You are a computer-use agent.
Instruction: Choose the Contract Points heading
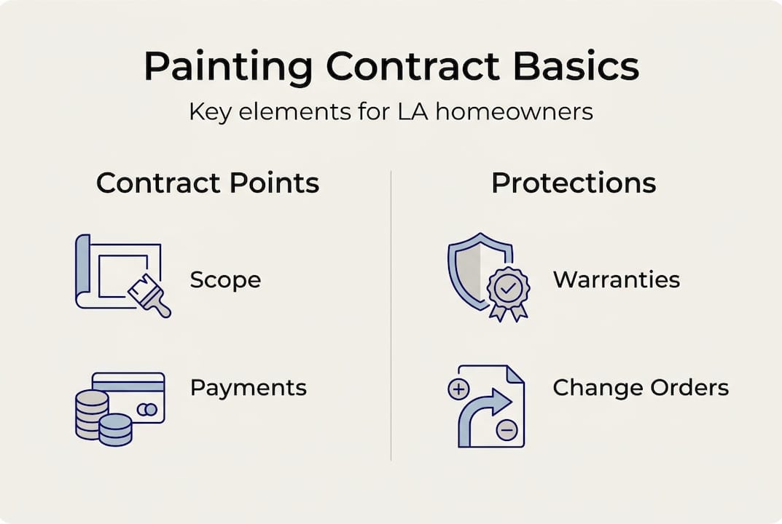(x=208, y=183)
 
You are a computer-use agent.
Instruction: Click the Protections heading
(x=574, y=183)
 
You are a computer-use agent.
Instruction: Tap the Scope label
(x=225, y=280)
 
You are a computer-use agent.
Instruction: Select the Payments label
(x=248, y=388)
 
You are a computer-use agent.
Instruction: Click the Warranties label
(x=616, y=280)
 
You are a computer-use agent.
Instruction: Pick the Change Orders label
(x=641, y=388)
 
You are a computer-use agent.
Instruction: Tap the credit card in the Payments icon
(x=135, y=397)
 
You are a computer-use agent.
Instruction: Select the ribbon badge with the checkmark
(x=508, y=291)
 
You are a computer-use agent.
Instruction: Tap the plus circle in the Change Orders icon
(x=458, y=390)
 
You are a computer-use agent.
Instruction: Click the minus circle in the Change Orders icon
(x=506, y=431)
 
